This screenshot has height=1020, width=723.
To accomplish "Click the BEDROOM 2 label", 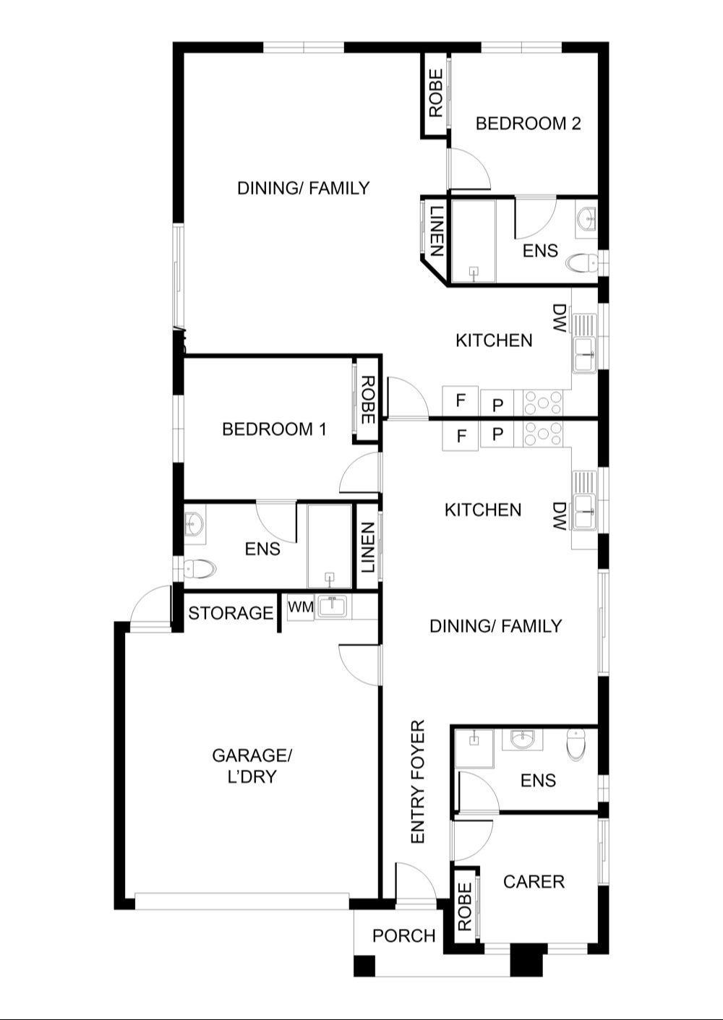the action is pyautogui.click(x=528, y=124).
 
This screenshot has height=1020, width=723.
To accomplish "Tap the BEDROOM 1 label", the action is pyautogui.click(x=275, y=429).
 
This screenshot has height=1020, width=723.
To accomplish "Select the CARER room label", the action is pyautogui.click(x=534, y=882).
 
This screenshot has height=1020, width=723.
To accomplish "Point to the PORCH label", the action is pyautogui.click(x=404, y=935).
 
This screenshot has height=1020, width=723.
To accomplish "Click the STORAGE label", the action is pyautogui.click(x=231, y=613).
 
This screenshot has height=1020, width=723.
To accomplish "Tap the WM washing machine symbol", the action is pyautogui.click(x=301, y=607).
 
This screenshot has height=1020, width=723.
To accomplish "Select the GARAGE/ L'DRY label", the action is pyautogui.click(x=252, y=766).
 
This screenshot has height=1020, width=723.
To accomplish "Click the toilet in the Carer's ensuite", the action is pyautogui.click(x=576, y=745).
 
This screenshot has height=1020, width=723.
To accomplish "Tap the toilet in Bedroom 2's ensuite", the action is pyautogui.click(x=582, y=262).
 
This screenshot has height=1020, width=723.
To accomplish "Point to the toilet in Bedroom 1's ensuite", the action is pyautogui.click(x=200, y=569).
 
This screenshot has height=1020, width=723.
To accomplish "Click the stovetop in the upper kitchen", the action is pyautogui.click(x=543, y=403).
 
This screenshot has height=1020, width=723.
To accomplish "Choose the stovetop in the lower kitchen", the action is pyautogui.click(x=543, y=434).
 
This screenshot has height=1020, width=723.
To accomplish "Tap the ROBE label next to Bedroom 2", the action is pyautogui.click(x=436, y=93).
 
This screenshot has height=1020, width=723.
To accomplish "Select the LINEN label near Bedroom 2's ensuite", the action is pyautogui.click(x=436, y=231).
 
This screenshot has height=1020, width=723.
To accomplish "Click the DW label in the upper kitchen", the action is pyautogui.click(x=559, y=318).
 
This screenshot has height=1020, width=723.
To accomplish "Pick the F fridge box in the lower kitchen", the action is pyautogui.click(x=461, y=436).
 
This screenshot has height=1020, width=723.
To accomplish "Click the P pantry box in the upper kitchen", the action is pyautogui.click(x=497, y=404).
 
